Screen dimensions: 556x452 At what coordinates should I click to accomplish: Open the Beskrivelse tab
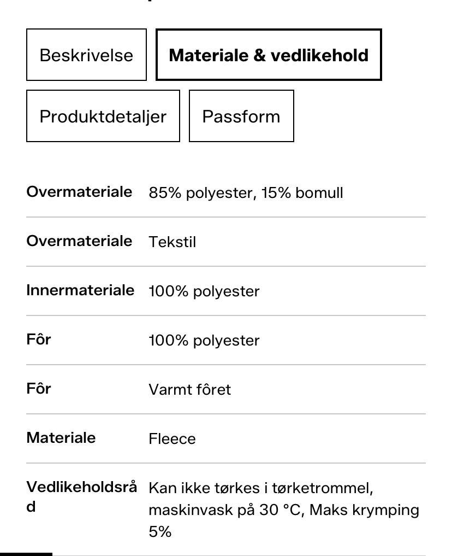click(x=86, y=55)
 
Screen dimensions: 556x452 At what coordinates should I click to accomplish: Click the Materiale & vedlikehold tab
click(x=269, y=55)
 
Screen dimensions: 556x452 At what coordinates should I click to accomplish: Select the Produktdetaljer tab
click(x=103, y=116)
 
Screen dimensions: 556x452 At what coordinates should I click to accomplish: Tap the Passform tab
click(x=241, y=116)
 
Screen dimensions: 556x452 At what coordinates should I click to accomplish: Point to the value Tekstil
click(x=172, y=242)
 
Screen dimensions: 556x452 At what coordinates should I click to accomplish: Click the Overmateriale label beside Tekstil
click(x=79, y=241)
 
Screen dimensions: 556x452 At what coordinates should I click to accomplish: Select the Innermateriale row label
click(x=80, y=290)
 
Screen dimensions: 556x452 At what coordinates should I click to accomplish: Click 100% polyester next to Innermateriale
click(x=204, y=291)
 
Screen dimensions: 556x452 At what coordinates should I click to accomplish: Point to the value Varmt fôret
click(x=189, y=390)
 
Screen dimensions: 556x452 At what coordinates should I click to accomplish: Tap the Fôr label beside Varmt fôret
click(x=39, y=389)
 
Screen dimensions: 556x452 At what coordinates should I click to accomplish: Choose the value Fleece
click(x=172, y=439)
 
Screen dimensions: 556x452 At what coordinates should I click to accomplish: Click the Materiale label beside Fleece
click(x=61, y=438)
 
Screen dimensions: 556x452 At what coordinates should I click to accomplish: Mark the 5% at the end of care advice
click(x=160, y=531)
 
